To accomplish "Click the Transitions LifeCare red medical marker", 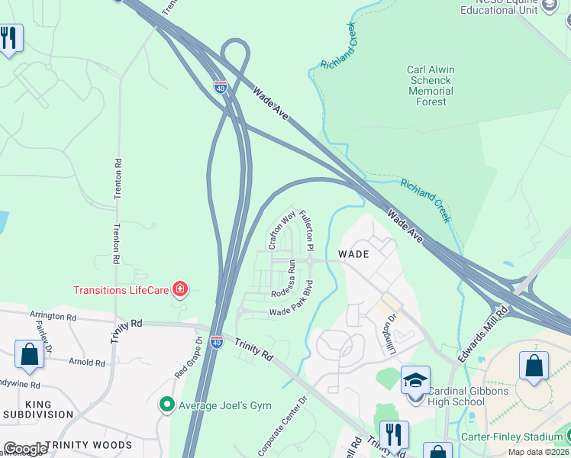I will click(x=180, y=289).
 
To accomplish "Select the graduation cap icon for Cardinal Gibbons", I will click(x=416, y=380).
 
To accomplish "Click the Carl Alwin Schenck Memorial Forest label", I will click(x=430, y=85).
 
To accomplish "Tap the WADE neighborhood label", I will click(x=353, y=253).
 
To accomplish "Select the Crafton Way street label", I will click(x=281, y=231).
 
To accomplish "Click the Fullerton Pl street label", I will click(x=307, y=231).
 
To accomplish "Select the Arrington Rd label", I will click(x=53, y=315).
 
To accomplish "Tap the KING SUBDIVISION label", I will click(x=38, y=409).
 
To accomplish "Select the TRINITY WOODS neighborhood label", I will click(x=88, y=444).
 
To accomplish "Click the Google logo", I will click(x=25, y=449).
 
